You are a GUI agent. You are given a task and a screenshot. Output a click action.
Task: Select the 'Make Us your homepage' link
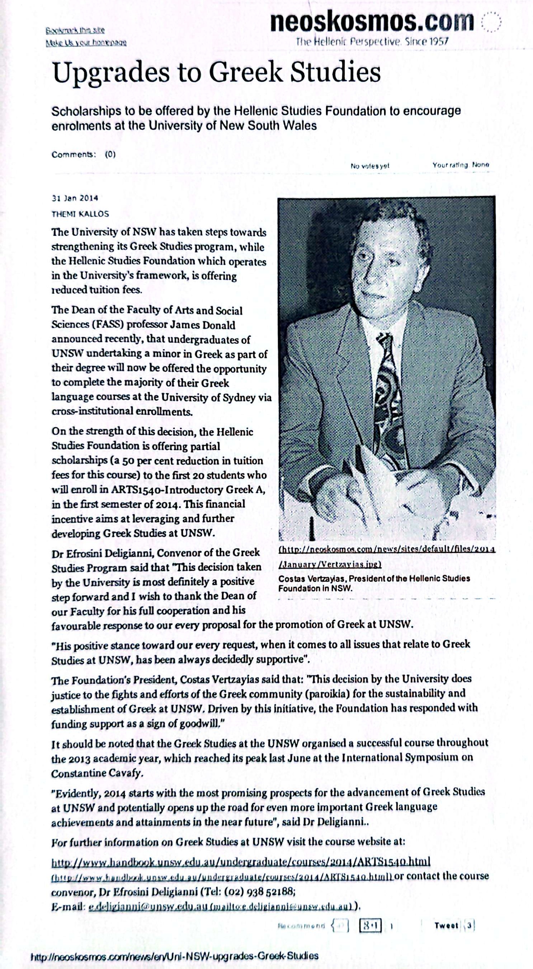(86, 43)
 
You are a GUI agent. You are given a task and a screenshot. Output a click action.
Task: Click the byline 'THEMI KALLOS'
(80, 214)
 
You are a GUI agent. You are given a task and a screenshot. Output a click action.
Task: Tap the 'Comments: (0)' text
(84, 154)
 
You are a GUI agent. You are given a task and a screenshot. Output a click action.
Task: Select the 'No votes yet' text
(370, 165)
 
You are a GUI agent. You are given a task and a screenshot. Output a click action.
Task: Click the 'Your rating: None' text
(461, 165)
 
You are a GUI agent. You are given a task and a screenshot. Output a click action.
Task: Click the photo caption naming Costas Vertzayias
(374, 583)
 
